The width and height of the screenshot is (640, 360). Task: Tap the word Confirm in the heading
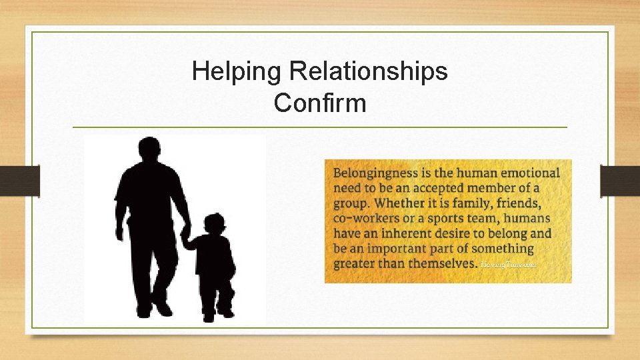tap(320, 103)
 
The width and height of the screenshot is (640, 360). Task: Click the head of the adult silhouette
tap(149, 151)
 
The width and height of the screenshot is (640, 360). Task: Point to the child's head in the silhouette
tap(214, 225)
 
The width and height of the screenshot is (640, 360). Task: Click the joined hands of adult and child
tap(186, 235)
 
